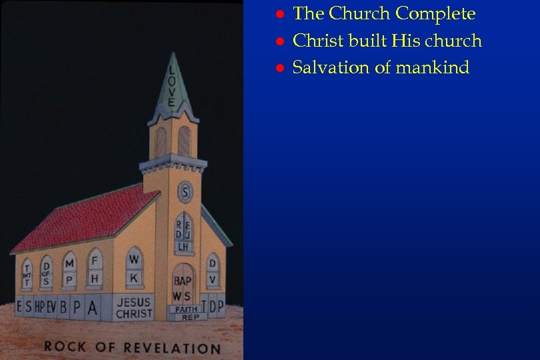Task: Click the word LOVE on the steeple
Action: coord(171,86)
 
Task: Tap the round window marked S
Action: coord(185,193)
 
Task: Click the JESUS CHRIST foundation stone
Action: coord(134,307)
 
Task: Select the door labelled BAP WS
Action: coord(182,284)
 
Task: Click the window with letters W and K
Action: coord(135,266)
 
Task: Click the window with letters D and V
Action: coord(212,271)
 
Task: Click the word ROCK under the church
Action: coord(65,346)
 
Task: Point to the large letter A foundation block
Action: coord(92,307)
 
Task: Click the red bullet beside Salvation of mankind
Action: coord(281,68)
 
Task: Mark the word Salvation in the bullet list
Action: coord(331,67)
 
